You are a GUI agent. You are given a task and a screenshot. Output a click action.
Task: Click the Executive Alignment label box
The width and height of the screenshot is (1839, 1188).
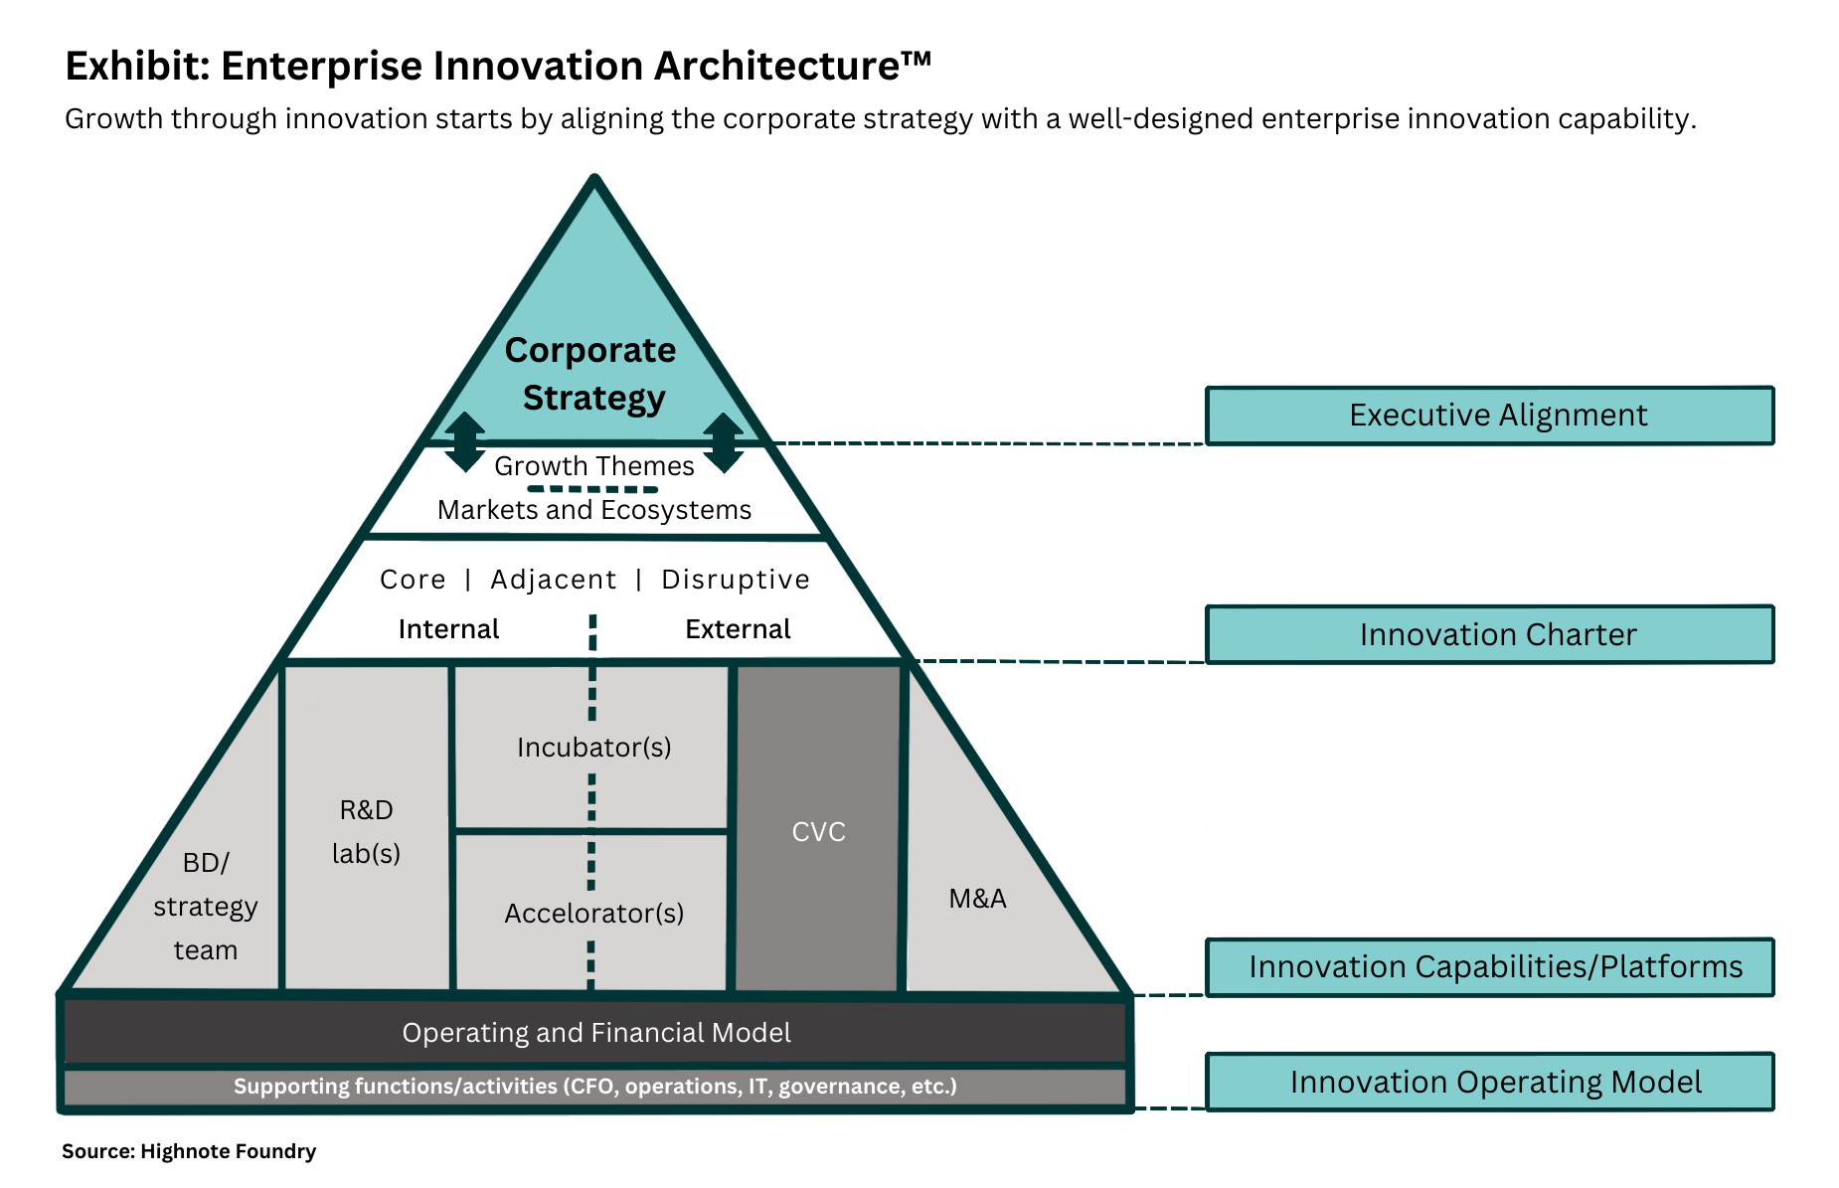[x=1489, y=416]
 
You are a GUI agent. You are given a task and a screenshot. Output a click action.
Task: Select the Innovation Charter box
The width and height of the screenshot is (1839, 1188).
[x=1489, y=634]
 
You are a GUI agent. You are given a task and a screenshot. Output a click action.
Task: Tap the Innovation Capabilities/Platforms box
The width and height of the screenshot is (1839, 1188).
[x=1489, y=966]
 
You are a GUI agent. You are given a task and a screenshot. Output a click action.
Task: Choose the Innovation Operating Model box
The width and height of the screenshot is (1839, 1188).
[x=1489, y=1082]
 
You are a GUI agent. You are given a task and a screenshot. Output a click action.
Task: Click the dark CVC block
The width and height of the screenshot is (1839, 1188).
[x=818, y=828]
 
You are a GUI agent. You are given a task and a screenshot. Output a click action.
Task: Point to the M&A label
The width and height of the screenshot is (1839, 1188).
[x=977, y=899]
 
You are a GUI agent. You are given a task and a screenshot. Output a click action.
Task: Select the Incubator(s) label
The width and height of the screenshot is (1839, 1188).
[x=594, y=748]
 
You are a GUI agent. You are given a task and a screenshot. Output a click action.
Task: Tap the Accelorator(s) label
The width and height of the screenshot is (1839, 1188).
[x=594, y=914]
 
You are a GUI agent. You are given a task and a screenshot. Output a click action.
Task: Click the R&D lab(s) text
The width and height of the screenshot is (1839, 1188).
[x=366, y=832]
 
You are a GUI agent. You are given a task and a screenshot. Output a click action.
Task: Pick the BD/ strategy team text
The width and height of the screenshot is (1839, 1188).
[x=206, y=907]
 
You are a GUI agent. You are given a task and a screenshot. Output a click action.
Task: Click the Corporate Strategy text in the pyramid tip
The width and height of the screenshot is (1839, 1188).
[x=591, y=374]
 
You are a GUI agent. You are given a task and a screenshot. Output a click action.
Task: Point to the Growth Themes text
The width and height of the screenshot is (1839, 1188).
[x=594, y=466]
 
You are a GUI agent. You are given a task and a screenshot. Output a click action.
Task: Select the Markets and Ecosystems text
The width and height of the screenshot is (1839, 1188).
[x=594, y=510]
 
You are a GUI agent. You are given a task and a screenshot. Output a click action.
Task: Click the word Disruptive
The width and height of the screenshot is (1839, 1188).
[x=736, y=580]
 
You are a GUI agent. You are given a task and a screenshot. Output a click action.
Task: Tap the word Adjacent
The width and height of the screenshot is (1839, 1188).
[x=554, y=580]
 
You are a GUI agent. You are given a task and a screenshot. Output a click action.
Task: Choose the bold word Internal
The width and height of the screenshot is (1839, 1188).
[x=448, y=629]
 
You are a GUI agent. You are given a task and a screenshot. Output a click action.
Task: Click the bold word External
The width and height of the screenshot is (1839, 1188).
[x=738, y=629]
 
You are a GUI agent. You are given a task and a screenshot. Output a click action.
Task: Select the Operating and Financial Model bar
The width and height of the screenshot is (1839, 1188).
[x=595, y=1033]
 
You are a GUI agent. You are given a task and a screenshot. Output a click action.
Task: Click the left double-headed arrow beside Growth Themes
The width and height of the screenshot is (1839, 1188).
[x=464, y=442]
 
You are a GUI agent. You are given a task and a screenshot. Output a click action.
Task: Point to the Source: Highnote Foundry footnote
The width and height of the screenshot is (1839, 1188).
[x=189, y=1151]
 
